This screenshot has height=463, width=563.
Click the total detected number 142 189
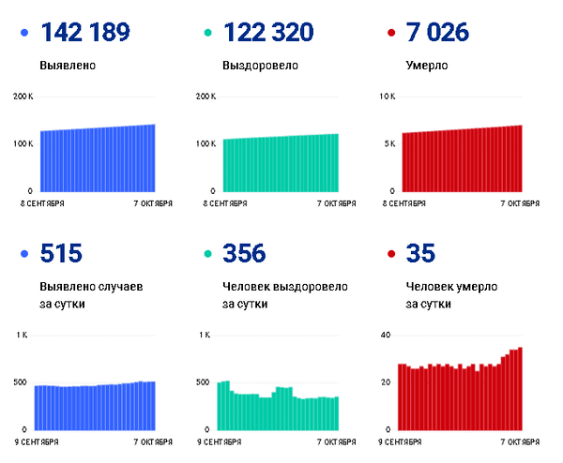(85, 32)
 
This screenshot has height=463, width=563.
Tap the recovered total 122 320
(268, 32)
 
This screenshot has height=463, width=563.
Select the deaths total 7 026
(437, 32)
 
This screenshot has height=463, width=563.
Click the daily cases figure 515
(61, 253)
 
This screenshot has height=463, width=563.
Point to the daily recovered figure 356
(244, 253)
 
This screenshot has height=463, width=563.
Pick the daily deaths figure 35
(420, 253)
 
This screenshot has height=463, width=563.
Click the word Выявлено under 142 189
(68, 66)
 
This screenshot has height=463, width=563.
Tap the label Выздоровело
(260, 66)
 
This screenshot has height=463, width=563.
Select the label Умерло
(427, 66)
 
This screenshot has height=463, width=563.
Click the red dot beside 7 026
(391, 33)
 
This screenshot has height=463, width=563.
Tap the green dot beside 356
(208, 254)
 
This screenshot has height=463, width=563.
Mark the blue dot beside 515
(24, 254)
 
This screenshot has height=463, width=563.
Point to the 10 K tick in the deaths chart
(388, 97)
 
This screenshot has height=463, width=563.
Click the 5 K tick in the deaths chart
(390, 143)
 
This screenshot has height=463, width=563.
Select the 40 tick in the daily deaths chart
(386, 335)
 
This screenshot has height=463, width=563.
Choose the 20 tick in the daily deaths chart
(386, 382)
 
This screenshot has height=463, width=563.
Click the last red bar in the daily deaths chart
(520, 389)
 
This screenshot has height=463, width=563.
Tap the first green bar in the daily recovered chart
(220, 407)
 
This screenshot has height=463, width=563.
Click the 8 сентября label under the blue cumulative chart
(42, 203)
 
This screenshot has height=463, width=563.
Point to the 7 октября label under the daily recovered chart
(337, 442)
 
